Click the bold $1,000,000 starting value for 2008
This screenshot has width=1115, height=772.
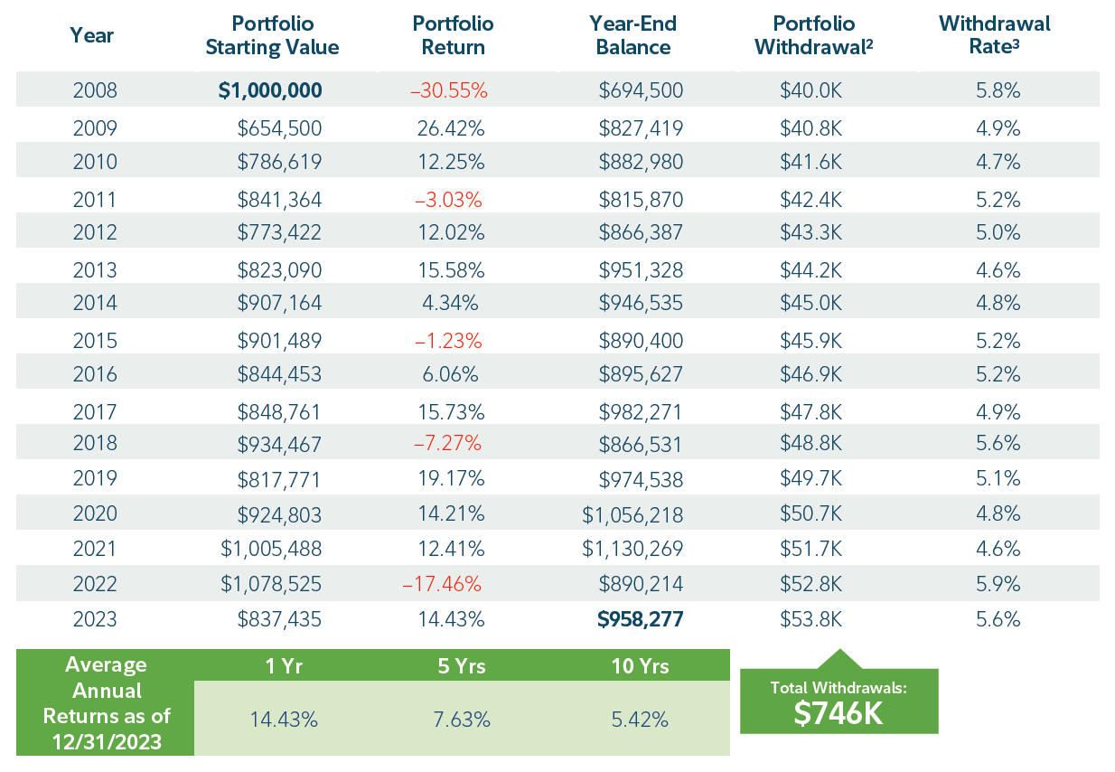269,90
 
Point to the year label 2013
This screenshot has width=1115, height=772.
94,269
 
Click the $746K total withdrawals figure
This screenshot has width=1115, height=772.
839,713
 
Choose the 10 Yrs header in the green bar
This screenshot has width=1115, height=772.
640,666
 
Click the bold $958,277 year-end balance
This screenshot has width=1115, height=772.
640,619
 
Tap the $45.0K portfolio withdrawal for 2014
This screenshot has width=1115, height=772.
811,302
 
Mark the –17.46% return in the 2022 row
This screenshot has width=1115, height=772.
442,584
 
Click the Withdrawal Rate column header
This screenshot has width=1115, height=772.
994,35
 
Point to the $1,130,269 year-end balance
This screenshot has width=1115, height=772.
632,549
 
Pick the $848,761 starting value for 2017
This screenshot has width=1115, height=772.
279,412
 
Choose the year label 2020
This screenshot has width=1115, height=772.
94,513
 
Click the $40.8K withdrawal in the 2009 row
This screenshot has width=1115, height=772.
811,128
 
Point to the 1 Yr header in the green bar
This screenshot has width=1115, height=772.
283,666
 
